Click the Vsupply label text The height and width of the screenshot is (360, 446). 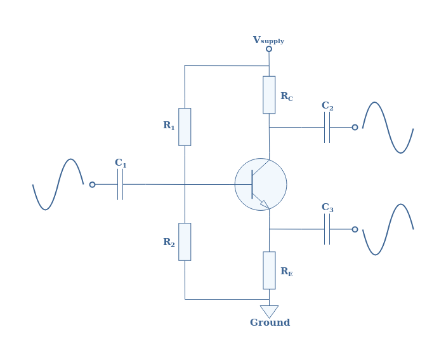(268, 40)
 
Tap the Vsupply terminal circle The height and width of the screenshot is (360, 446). (269, 49)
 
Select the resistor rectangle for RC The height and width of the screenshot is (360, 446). (269, 95)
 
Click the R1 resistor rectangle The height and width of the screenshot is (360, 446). (185, 127)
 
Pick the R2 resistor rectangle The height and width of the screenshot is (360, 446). (185, 242)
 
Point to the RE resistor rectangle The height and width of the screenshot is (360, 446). (269, 270)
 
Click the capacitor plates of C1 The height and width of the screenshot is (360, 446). (120, 184)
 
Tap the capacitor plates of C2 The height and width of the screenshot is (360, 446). (327, 127)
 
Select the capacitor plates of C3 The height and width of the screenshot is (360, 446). (327, 229)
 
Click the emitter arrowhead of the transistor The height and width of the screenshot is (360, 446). (265, 204)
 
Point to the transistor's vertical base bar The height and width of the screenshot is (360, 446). (252, 184)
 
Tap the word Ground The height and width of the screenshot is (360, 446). (270, 323)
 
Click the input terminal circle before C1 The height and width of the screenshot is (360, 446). (92, 185)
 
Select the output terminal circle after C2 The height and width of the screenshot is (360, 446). (355, 127)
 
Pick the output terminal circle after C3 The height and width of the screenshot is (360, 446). (355, 229)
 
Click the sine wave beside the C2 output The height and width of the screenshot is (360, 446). (388, 128)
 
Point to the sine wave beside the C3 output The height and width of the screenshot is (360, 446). (388, 229)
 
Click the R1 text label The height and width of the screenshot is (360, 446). (169, 125)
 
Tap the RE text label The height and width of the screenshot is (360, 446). (286, 271)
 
